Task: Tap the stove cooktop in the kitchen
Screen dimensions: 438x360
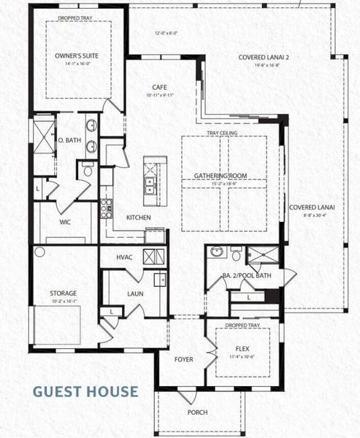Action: click(106, 206)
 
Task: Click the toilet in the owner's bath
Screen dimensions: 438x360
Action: click(87, 171)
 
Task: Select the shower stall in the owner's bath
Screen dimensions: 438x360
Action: click(43, 136)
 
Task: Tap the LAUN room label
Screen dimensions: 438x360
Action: click(134, 293)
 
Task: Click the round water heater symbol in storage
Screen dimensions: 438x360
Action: click(39, 252)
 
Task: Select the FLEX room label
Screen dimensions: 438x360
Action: click(243, 349)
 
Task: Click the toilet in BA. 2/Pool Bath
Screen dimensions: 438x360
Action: click(235, 253)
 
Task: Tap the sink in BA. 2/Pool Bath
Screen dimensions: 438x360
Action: click(216, 253)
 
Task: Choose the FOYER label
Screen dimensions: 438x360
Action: click(183, 359)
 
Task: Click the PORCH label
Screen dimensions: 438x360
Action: click(197, 412)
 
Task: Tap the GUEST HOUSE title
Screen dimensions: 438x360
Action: click(85, 391)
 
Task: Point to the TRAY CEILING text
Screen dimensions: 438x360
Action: click(222, 133)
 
